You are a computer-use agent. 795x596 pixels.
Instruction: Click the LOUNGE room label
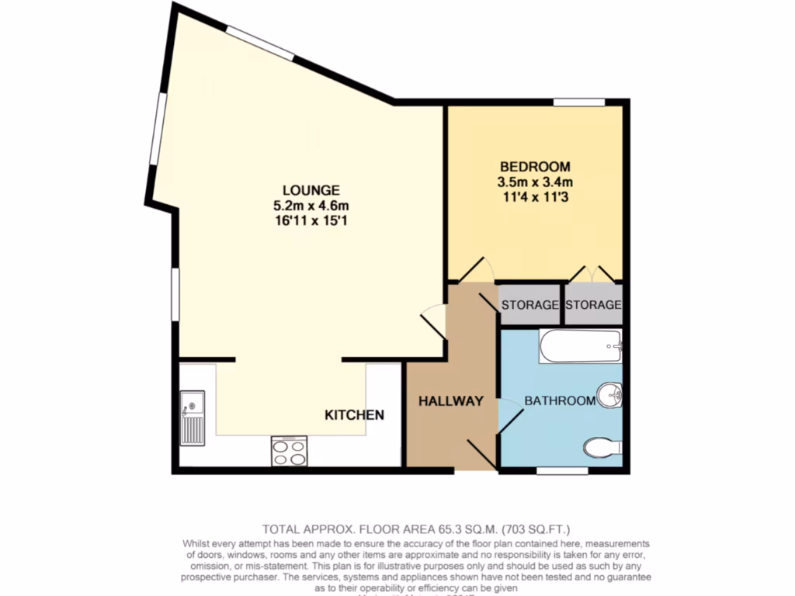click(x=311, y=189)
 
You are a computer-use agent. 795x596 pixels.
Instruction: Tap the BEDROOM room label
click(x=535, y=166)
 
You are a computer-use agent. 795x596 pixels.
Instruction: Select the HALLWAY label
click(x=451, y=401)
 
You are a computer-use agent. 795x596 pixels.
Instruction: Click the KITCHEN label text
click(x=354, y=415)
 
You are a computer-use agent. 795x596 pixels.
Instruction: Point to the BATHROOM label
click(x=560, y=400)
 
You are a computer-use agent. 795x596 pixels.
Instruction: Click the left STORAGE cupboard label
click(x=529, y=305)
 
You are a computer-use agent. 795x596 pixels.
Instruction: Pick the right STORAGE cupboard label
click(x=593, y=305)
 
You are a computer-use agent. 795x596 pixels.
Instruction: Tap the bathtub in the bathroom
click(x=581, y=346)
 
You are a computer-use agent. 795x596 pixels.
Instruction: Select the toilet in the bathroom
click(x=602, y=447)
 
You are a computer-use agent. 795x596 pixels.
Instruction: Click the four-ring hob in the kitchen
click(x=289, y=451)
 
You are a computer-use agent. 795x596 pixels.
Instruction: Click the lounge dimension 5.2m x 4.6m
click(x=311, y=206)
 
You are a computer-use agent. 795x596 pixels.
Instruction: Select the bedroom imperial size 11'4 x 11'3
click(x=535, y=197)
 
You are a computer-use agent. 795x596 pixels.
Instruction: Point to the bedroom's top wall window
click(x=578, y=101)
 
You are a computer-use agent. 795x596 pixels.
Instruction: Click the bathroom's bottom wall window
click(x=562, y=470)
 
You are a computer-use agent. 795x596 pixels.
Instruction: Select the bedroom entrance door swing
click(x=476, y=270)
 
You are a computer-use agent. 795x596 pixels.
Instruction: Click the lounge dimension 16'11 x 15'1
click(x=311, y=221)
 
